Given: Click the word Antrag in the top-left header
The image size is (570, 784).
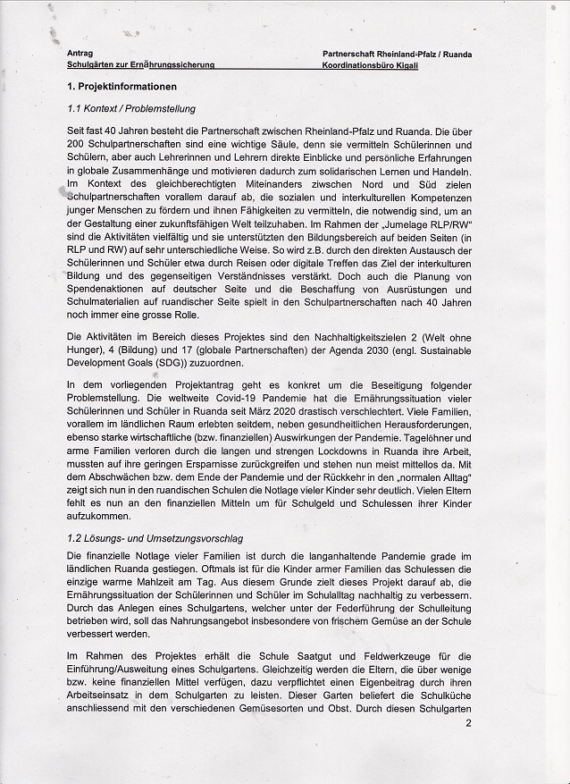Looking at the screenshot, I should point(80,54).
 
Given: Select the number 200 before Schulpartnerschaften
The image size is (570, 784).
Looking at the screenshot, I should point(77,145).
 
